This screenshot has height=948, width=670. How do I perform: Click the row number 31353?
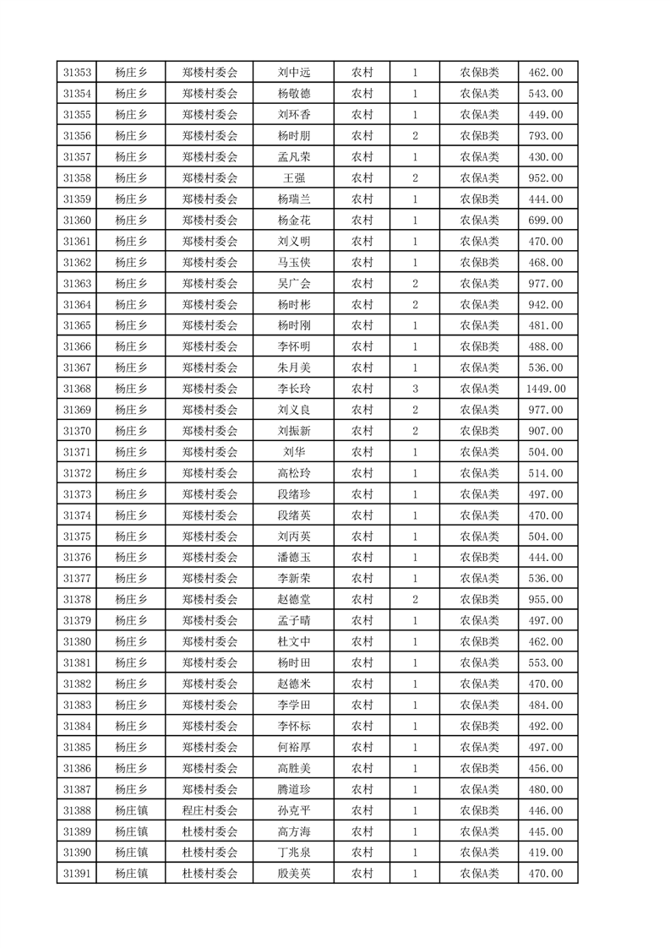click(78, 73)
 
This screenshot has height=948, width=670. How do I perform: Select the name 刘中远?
click(293, 73)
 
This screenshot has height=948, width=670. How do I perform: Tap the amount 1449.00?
click(547, 389)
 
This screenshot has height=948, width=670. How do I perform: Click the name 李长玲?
click(293, 389)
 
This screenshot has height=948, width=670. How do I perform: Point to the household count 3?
click(415, 389)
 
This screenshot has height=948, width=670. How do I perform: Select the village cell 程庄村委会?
click(210, 810)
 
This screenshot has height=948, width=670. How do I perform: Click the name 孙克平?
click(293, 810)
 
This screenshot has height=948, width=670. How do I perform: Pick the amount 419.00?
click(547, 853)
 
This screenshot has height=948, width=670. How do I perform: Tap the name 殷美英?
click(293, 874)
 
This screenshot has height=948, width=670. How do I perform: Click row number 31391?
click(78, 874)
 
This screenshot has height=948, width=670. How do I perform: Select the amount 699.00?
click(547, 221)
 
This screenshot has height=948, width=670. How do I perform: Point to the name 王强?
click(293, 178)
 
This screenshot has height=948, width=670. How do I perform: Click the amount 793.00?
click(547, 136)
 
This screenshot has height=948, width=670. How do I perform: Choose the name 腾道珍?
click(293, 789)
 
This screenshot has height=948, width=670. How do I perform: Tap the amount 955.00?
click(547, 600)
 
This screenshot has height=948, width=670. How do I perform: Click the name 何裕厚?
click(293, 747)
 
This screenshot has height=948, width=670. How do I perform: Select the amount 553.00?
click(547, 663)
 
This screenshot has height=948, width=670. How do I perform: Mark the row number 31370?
click(78, 431)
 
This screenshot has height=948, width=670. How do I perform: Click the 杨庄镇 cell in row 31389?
click(131, 831)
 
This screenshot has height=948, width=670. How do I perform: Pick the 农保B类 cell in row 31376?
click(479, 558)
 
